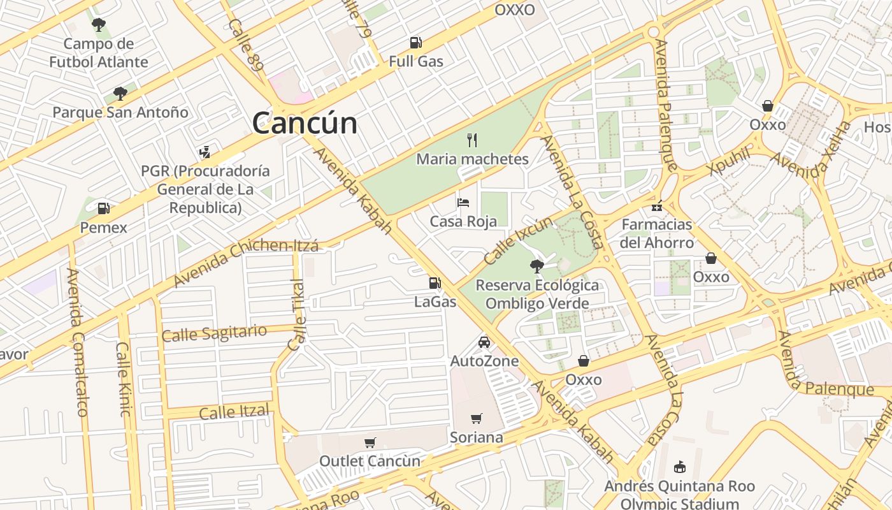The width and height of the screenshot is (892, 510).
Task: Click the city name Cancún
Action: [305, 122]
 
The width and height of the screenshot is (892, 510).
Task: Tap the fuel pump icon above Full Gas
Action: [415, 43]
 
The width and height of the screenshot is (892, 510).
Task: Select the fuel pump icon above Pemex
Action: [103, 208]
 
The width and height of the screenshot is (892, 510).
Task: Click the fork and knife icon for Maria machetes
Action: [472, 140]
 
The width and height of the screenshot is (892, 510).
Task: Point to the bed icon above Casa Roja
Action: [463, 203]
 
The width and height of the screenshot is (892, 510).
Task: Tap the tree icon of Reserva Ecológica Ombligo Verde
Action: [537, 266]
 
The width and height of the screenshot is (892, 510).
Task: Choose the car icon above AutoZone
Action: [484, 342]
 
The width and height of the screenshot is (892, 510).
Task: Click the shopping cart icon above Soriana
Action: [476, 418]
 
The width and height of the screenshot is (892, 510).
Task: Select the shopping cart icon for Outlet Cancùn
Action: [370, 442]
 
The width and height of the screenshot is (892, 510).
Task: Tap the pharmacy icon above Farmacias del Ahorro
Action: [657, 206]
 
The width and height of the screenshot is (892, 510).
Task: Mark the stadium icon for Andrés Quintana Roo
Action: [679, 467]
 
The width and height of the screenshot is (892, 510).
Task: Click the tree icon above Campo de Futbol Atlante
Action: [98, 25]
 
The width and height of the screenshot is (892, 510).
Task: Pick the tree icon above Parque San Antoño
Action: [120, 94]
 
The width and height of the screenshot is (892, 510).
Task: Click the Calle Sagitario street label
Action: [214, 333]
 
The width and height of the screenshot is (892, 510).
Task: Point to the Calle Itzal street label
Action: [234, 412]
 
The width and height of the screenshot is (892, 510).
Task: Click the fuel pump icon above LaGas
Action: [435, 283]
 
